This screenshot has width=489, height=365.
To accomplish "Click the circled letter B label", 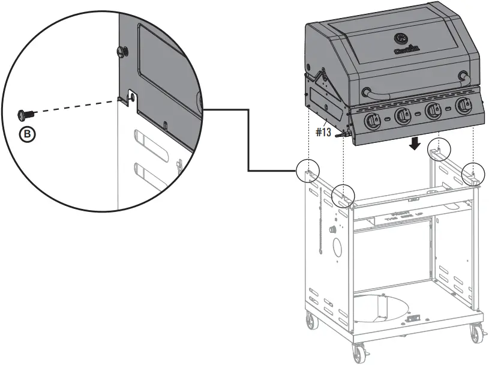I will point(27,134).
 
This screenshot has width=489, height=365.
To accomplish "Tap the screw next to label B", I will point(27,113).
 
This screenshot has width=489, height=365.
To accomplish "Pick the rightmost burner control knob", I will point(462,107).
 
